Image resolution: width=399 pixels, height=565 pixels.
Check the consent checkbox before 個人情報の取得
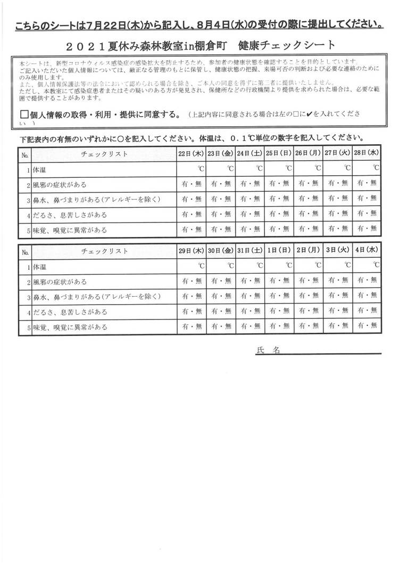coord(23,115)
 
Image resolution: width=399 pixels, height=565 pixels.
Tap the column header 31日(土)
coord(250,251)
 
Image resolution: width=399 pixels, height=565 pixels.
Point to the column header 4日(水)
coord(367,251)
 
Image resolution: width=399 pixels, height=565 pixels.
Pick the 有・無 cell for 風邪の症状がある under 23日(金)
coord(220,184)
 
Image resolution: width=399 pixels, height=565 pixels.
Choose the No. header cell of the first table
coord(24,154)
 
